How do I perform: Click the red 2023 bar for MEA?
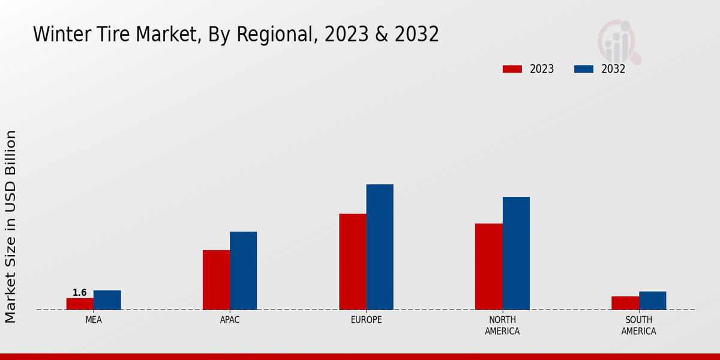click(80, 304)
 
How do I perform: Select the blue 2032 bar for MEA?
click(107, 300)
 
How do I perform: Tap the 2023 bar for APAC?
click(216, 280)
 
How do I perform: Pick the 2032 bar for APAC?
click(243, 271)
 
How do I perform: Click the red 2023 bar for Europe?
click(352, 262)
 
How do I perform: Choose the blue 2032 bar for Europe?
click(380, 247)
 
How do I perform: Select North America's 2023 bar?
click(488, 266)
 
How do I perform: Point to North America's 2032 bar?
click(516, 253)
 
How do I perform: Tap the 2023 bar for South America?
click(625, 303)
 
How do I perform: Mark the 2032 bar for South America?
click(652, 301)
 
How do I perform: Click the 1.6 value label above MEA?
click(80, 293)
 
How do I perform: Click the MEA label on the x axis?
click(94, 320)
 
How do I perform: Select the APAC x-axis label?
click(230, 320)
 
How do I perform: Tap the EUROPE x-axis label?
click(366, 320)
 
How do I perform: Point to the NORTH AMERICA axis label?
click(502, 325)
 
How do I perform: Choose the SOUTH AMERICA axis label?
click(638, 325)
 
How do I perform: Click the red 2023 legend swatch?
click(512, 69)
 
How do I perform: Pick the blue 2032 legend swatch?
click(583, 69)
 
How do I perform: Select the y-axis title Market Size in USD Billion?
click(11, 226)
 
